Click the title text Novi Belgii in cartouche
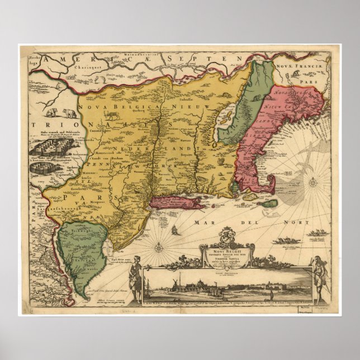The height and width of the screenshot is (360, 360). click(224, 245)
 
